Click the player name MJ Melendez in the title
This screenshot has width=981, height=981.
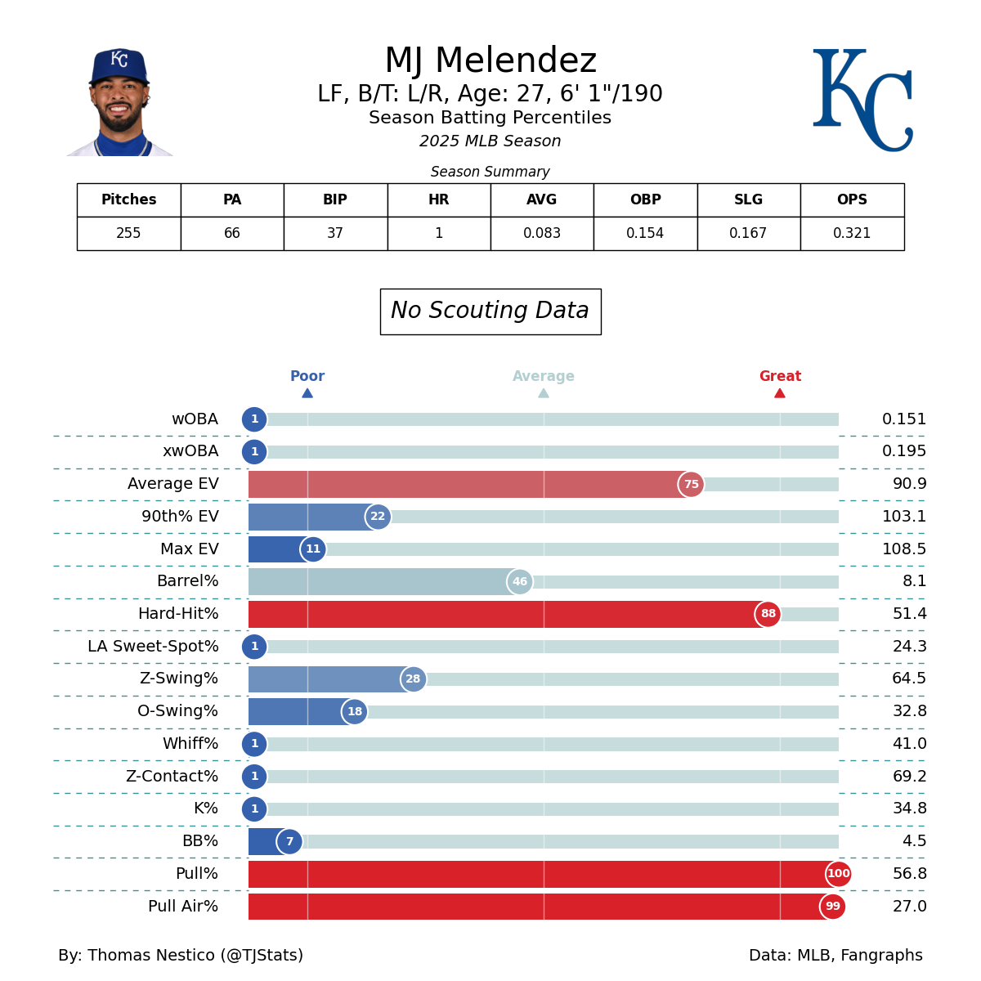pos(490,61)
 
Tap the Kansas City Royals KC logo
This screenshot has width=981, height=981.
pos(862,100)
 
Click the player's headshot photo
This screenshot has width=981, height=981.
pos(119,103)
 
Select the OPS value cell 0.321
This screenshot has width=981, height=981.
pos(852,234)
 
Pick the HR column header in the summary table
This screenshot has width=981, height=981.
pos(439,200)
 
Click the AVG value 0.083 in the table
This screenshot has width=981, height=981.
pos(542,234)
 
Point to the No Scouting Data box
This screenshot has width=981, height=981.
pos(490,311)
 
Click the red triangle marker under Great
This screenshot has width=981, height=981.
pos(780,393)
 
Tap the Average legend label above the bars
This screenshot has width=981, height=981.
pos(544,377)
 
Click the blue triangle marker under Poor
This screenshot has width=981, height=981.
pos(307,393)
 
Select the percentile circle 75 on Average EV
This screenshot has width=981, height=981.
pos(691,484)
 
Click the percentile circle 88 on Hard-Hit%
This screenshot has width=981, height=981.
pos(768,614)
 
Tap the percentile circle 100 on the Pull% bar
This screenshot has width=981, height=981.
pos(839,874)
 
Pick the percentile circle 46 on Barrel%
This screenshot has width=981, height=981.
pos(520,582)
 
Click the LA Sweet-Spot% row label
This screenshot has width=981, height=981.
pos(153,647)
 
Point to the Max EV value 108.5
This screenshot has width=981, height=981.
pos(904,549)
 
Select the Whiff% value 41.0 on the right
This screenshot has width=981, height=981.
pos(909,744)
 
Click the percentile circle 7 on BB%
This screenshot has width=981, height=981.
pos(289,841)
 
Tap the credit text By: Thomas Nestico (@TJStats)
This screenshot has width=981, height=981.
pos(181,956)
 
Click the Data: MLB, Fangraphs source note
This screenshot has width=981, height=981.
pos(835,956)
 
